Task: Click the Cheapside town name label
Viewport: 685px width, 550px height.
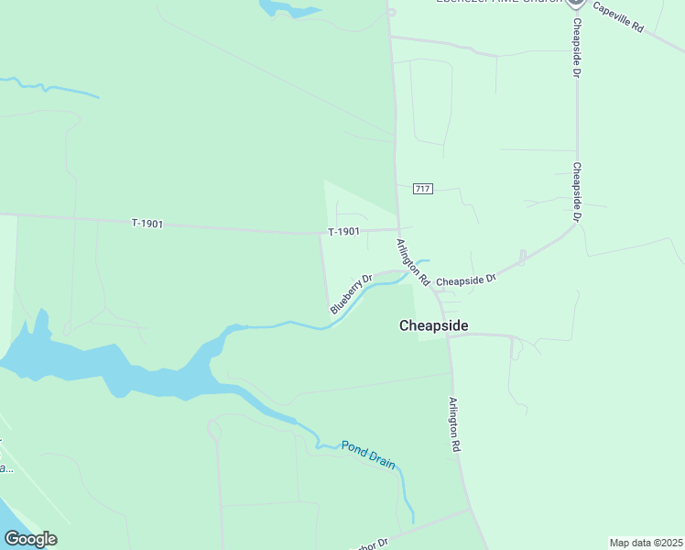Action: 434,325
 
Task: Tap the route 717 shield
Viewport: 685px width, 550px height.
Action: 422,189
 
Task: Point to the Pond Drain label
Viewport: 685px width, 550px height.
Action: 368,455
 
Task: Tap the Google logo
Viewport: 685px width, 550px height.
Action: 30,539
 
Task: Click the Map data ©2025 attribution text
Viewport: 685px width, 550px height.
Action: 647,543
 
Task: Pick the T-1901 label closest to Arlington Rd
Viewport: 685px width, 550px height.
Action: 344,232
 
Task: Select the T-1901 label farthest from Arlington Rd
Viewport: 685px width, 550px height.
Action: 147,223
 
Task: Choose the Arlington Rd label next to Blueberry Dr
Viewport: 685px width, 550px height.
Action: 412,263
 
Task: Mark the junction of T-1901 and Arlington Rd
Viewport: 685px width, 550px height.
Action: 398,229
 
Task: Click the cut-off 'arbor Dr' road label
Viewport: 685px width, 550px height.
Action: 372,544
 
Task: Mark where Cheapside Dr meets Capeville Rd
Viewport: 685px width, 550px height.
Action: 576,11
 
